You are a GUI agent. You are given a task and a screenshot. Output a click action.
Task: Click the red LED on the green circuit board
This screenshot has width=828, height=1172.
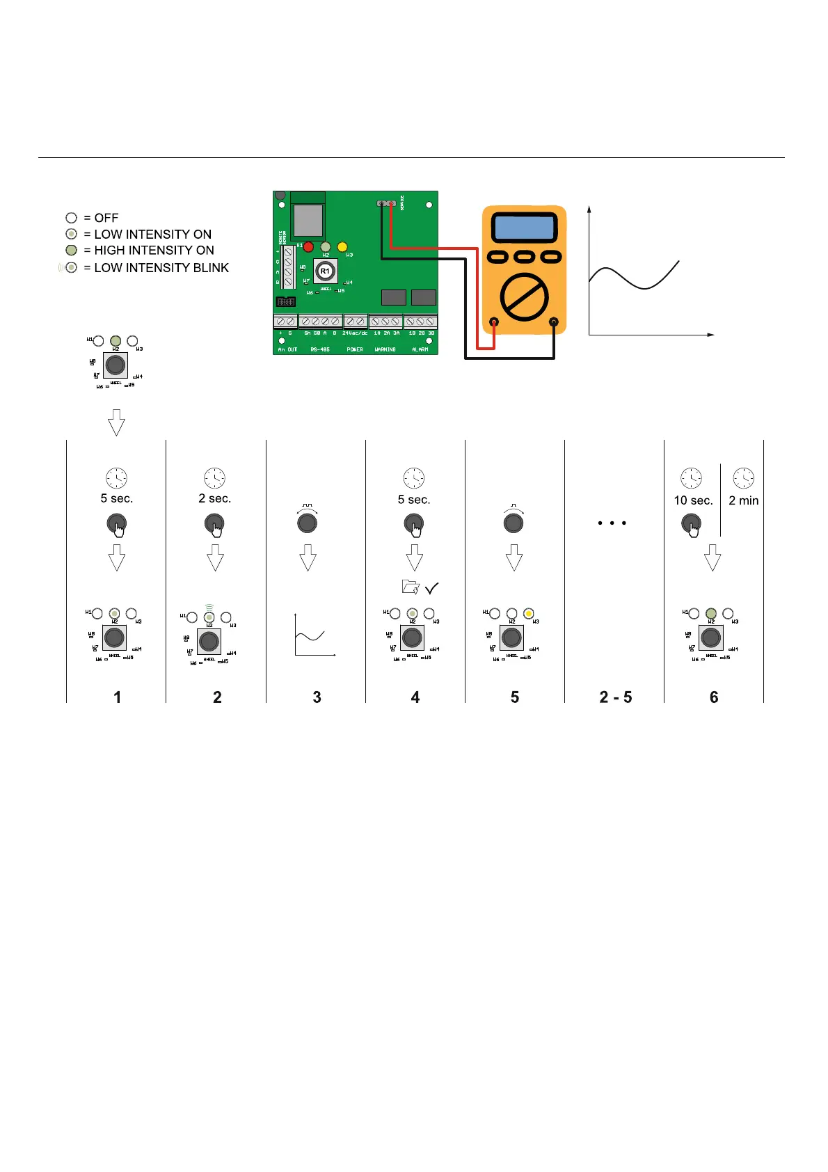308,246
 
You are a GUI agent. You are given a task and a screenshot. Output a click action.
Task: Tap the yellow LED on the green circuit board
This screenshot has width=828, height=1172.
342,246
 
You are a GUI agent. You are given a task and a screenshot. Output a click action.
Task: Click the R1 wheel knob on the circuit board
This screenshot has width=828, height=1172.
325,271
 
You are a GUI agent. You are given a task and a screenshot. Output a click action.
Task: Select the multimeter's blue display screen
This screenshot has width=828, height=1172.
524,228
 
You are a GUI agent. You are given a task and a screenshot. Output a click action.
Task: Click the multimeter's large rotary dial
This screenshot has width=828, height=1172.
525,297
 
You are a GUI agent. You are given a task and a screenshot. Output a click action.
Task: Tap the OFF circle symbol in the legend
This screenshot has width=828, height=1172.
71,218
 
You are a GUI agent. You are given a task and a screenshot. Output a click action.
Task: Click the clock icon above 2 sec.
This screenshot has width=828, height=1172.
214,478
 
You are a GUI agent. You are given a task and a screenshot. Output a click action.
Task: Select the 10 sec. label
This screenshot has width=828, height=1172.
693,500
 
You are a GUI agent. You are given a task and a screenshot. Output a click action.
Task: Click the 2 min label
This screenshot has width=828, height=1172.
743,500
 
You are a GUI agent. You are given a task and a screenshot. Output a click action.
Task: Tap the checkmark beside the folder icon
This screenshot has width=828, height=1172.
431,588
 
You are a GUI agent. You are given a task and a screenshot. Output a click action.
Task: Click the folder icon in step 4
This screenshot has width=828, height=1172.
411,587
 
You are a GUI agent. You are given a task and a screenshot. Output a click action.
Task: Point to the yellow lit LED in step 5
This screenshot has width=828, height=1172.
529,614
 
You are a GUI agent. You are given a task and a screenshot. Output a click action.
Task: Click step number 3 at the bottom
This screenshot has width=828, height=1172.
317,697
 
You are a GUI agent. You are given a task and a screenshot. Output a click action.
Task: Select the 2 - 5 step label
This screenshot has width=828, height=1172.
615,697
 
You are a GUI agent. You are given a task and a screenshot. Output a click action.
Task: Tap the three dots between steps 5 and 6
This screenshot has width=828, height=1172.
612,523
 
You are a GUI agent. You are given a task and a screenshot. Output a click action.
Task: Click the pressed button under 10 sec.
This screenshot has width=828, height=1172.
691,523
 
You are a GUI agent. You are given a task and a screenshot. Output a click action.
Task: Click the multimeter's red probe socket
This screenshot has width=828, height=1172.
494,322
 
